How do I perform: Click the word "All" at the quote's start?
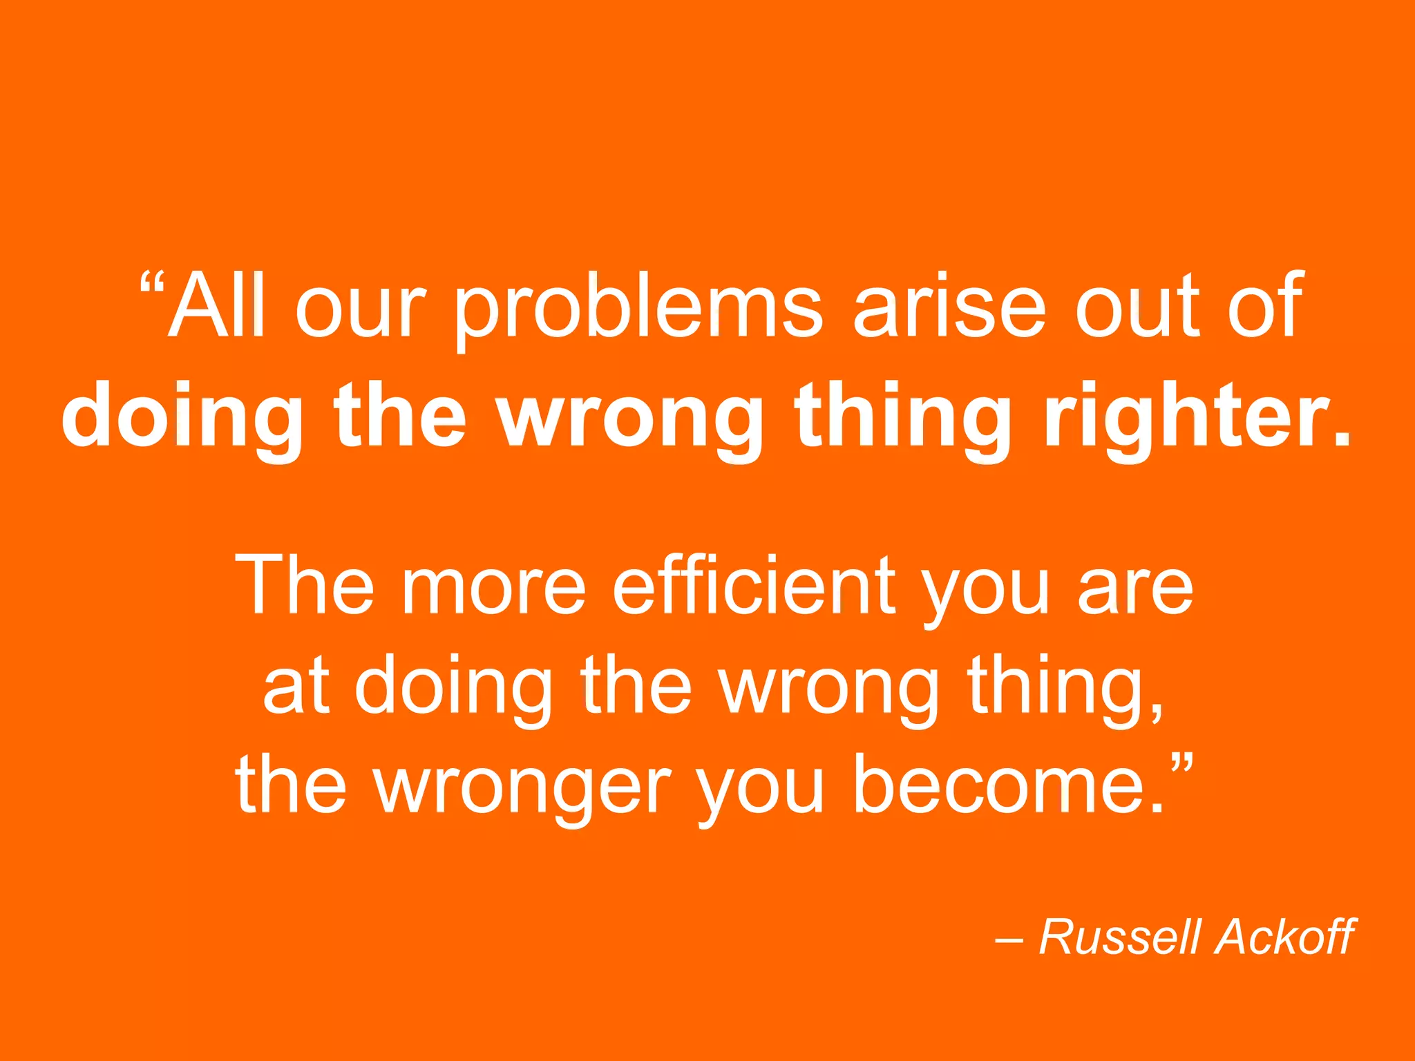click(217, 305)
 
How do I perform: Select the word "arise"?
click(950, 305)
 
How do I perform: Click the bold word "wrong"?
click(631, 419)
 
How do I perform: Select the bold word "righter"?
click(1188, 419)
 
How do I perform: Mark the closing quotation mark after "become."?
click(1182, 765)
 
